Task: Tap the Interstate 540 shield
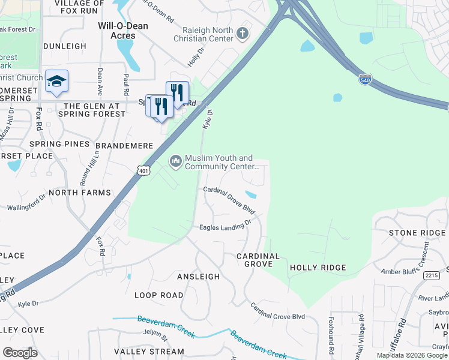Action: (364, 79)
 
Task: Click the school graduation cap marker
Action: (56, 81)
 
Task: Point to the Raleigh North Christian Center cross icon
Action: (243, 33)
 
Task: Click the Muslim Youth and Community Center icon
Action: (176, 160)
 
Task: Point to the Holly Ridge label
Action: (318, 268)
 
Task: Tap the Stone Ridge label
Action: (417, 233)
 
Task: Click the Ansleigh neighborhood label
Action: (198, 277)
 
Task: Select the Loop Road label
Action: (158, 295)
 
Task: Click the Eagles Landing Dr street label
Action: (224, 226)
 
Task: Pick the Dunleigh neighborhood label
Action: (64, 46)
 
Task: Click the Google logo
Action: (20, 353)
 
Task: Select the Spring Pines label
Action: (59, 145)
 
